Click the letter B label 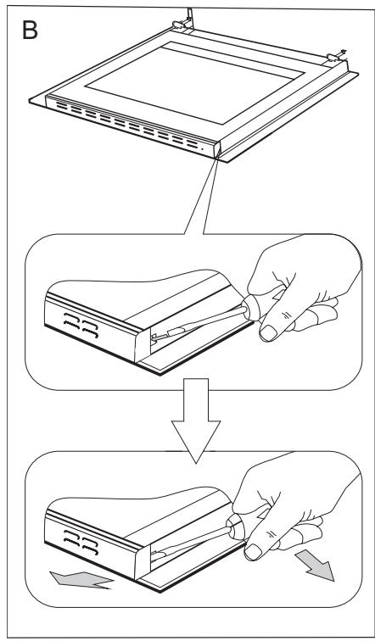click(30, 30)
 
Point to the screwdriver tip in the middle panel click(154, 337)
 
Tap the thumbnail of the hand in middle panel click(268, 332)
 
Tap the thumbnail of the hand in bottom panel click(253, 552)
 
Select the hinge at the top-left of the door click(183, 22)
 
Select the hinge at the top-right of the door click(336, 56)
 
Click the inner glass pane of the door click(194, 81)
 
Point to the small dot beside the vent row click(202, 149)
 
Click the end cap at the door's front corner click(216, 149)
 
